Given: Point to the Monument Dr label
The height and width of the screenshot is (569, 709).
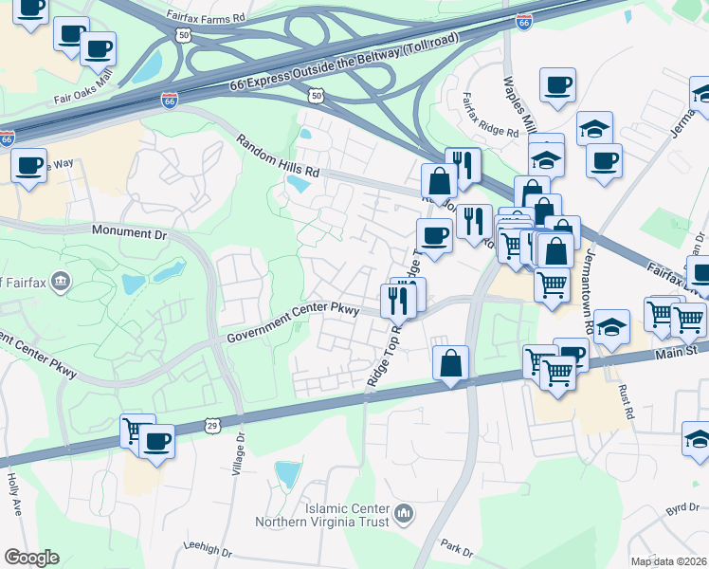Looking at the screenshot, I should point(129,230).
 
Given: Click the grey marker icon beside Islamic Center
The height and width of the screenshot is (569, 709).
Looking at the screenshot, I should point(405,515).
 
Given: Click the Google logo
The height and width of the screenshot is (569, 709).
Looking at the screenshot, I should point(31,558).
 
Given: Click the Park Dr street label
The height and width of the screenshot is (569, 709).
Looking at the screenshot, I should point(456,547).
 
